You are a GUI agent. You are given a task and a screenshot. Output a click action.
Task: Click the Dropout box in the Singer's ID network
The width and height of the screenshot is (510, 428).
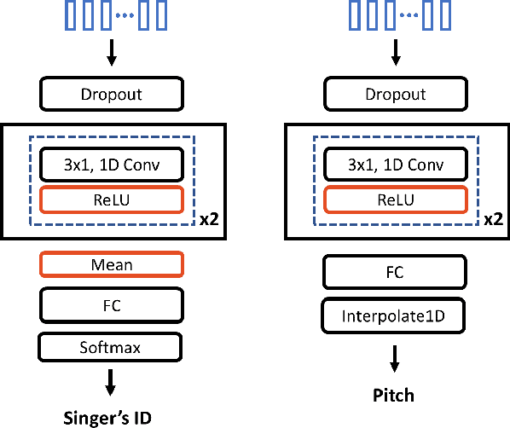pyautogui.click(x=110, y=95)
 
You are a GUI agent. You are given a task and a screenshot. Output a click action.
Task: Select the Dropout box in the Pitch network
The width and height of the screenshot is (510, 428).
pyautogui.click(x=395, y=95)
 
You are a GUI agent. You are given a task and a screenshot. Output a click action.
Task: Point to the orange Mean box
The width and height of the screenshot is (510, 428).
pyautogui.click(x=110, y=265)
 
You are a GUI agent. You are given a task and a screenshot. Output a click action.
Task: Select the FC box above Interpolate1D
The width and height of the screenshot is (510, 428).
pyautogui.click(x=395, y=274)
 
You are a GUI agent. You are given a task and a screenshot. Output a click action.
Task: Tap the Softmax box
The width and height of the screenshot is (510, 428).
pyautogui.click(x=110, y=347)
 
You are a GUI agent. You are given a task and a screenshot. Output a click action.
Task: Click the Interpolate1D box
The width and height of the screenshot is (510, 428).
pyautogui.click(x=395, y=315)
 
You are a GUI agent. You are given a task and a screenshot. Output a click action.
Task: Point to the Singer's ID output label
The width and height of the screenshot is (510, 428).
pyautogui.click(x=111, y=417)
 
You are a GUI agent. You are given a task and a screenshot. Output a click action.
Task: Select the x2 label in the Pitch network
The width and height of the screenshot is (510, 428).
pyautogui.click(x=493, y=219)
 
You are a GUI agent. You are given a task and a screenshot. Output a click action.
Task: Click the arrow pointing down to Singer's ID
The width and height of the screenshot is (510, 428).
pyautogui.click(x=110, y=381)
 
